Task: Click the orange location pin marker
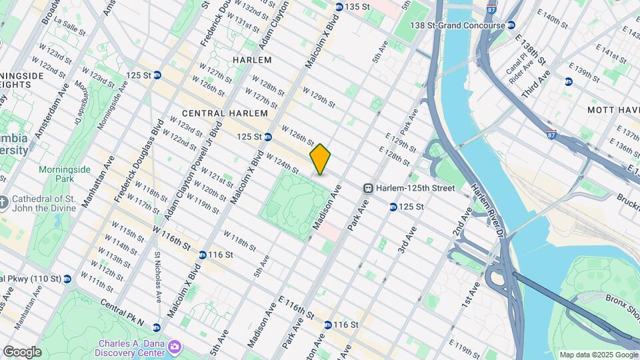pyautogui.click(x=320, y=159)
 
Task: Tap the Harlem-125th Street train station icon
pyautogui.click(x=367, y=189)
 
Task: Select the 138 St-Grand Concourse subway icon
pyautogui.click(x=511, y=25)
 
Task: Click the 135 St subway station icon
pyautogui.click(x=339, y=7)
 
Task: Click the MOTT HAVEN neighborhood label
pyautogui.click(x=613, y=109)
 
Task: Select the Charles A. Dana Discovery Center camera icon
pyautogui.click(x=175, y=346)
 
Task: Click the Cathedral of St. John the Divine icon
pyautogui.click(x=5, y=201)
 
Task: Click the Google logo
pyautogui.click(x=22, y=351)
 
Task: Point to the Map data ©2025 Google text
pyautogui.click(x=598, y=355)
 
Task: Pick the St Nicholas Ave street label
pyautogui.click(x=157, y=277)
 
